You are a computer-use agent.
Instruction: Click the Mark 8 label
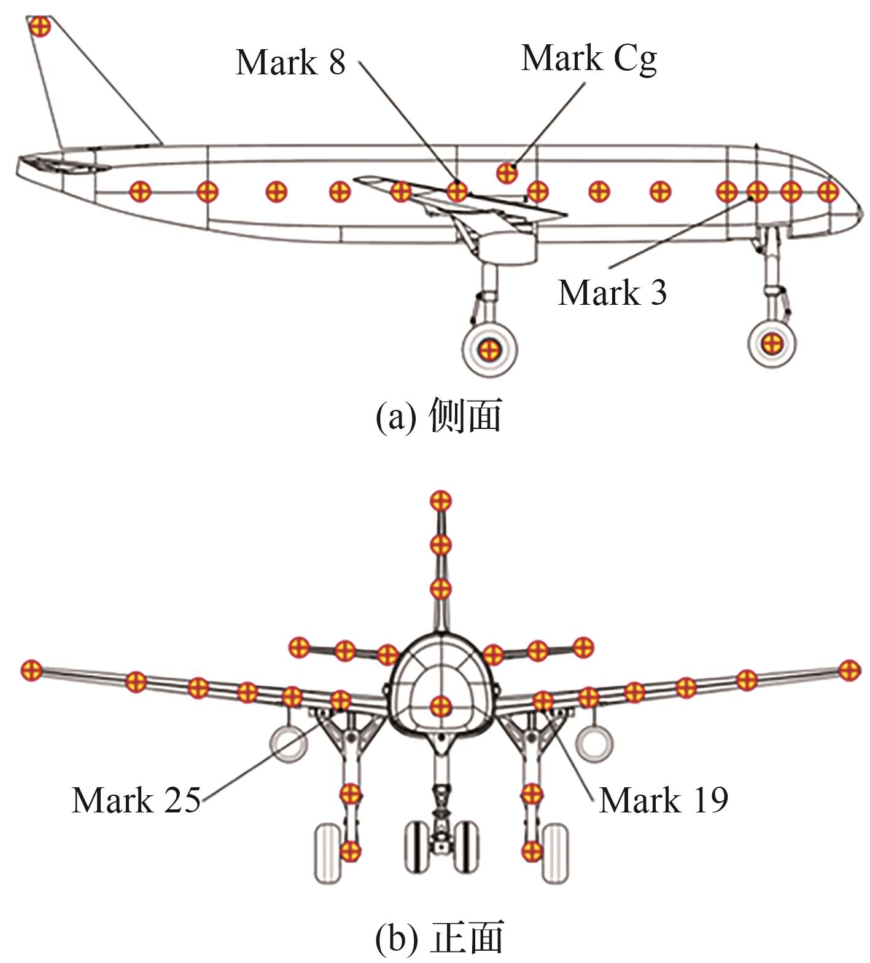(x=290, y=62)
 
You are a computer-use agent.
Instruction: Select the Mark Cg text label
(x=589, y=59)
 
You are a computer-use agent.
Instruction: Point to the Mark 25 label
(x=136, y=800)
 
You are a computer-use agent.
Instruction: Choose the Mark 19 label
(x=664, y=800)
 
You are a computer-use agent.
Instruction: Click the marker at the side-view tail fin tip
(x=39, y=26)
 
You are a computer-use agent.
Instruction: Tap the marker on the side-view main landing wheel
(x=489, y=350)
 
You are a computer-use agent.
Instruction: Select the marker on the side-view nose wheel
(x=771, y=342)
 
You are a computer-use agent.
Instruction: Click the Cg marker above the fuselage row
(x=507, y=173)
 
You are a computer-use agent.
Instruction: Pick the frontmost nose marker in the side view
(x=828, y=191)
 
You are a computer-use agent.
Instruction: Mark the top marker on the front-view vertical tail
(x=440, y=501)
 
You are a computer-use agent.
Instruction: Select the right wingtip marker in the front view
(x=849, y=670)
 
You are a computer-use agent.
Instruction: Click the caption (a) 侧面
(x=438, y=415)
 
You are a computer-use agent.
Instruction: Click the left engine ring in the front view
(x=289, y=743)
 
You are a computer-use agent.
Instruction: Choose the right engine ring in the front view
(x=594, y=743)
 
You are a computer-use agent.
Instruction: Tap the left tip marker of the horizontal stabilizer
(x=299, y=647)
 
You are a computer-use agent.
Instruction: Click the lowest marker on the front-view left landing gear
(x=350, y=852)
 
